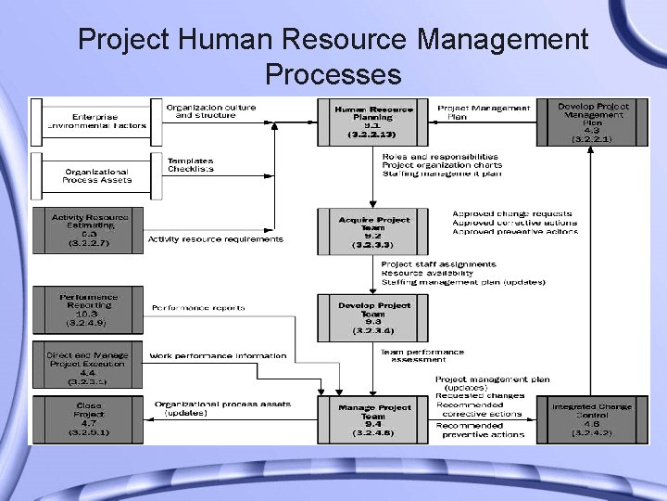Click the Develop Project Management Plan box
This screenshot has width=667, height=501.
(592, 122)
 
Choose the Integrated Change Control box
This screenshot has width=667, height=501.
(592, 419)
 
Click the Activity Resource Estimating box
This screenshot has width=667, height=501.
(89, 230)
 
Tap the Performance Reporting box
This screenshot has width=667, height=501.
(89, 310)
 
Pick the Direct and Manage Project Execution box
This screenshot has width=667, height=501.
(89, 367)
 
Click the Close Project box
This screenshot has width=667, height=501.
(89, 418)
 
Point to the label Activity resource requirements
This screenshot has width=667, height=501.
(216, 239)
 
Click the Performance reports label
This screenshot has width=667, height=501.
(198, 307)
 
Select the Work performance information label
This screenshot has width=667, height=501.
(218, 355)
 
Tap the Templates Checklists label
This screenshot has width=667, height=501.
(191, 165)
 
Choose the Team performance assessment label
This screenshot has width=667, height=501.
(422, 355)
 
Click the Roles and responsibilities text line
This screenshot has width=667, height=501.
(440, 157)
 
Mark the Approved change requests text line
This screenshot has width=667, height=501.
(511, 213)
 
